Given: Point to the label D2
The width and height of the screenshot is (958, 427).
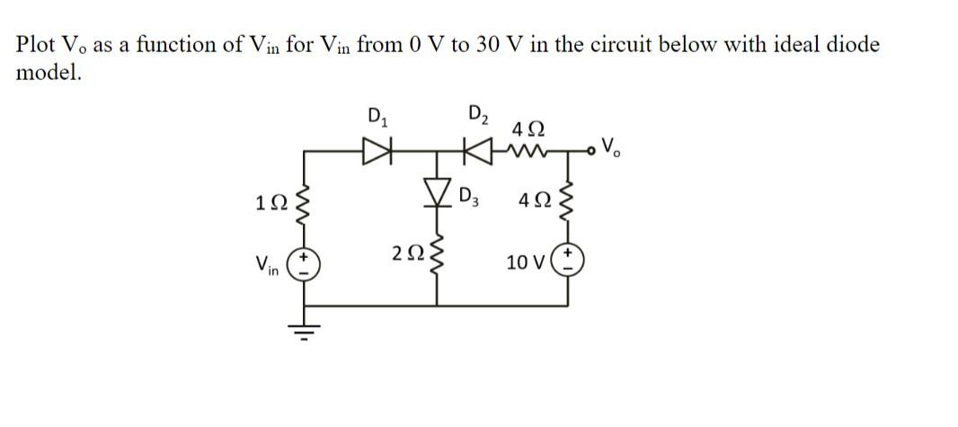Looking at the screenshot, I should tap(478, 114).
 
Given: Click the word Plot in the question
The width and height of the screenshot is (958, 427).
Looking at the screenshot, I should tap(40, 45).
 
